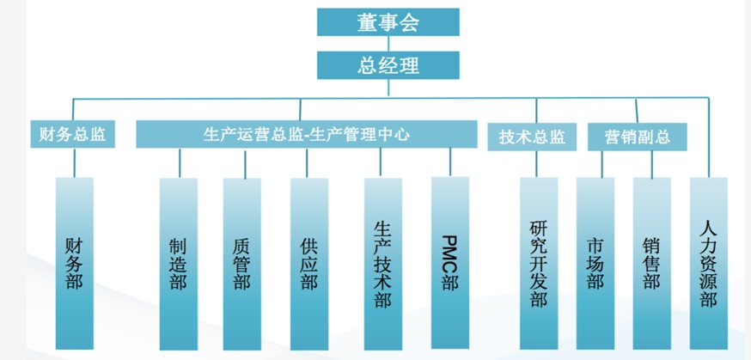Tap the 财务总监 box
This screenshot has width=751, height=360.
(x=73, y=135)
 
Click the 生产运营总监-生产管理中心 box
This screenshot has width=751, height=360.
(x=307, y=135)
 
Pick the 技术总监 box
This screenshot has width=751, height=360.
(x=532, y=136)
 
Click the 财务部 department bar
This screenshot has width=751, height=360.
(x=74, y=263)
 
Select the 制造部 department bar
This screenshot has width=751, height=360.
(x=178, y=263)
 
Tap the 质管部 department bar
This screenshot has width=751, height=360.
(x=242, y=263)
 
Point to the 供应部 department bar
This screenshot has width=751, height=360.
(x=308, y=263)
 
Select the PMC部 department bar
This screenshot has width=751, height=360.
(x=449, y=263)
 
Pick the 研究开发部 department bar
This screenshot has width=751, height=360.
(x=538, y=263)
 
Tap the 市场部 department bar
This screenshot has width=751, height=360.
(x=595, y=263)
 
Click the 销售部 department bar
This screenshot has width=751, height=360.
(x=650, y=263)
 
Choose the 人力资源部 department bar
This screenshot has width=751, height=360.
(x=708, y=263)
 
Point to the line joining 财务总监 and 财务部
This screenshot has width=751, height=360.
(x=74, y=162)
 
